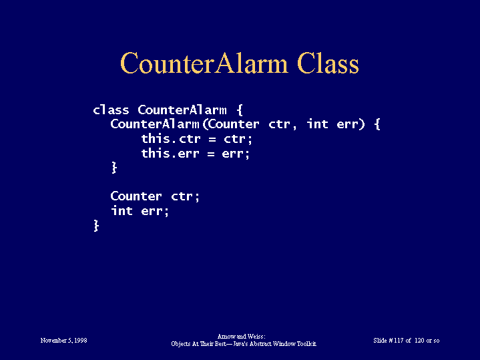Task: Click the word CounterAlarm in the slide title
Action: pos(204,63)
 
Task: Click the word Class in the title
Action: pos(328,63)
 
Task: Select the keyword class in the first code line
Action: pos(111,110)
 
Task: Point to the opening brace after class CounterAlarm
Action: pos(240,110)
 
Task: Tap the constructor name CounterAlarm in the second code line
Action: pos(155,124)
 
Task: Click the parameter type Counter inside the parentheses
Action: pos(233,124)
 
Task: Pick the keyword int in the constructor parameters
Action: pos(318,124)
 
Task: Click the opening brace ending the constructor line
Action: pos(377,124)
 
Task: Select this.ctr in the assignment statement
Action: pos(171,138)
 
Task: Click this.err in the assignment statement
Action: pos(170,153)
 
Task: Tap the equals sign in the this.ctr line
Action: pos(212,140)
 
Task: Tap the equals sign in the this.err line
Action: pos(210,154)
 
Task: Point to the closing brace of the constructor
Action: pos(114,168)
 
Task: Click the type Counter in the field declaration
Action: pos(136,196)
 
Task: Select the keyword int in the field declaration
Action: pos(122,210)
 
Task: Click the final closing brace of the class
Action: pos(96,226)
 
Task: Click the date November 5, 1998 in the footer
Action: pos(63,341)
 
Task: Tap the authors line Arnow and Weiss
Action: pos(241,337)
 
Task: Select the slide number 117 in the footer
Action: pos(399,341)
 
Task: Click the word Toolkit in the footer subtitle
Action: pos(306,344)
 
